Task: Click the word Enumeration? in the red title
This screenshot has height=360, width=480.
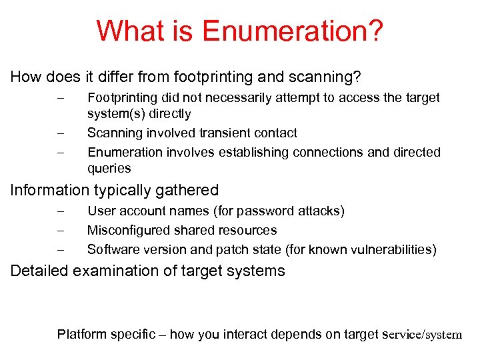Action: point(293,31)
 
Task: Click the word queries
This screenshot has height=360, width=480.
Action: point(109,169)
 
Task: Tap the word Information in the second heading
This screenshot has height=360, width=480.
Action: point(49,191)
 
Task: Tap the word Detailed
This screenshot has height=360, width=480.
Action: point(39,271)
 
